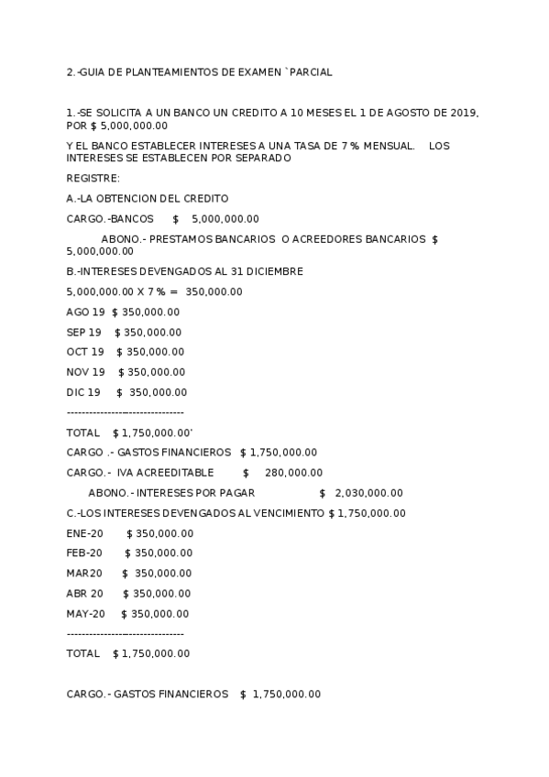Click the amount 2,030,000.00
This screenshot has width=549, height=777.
(x=369, y=493)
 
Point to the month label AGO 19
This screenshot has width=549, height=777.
(x=86, y=312)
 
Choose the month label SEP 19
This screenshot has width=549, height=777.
(x=84, y=333)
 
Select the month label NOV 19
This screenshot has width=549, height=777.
(x=86, y=372)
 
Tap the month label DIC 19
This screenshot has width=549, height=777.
(x=83, y=392)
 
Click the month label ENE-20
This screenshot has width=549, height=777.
(x=84, y=533)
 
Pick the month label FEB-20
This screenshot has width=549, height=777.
(x=84, y=553)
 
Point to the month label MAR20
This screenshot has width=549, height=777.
(x=84, y=574)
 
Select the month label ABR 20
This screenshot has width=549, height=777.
(x=85, y=594)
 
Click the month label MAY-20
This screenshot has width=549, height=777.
(x=86, y=614)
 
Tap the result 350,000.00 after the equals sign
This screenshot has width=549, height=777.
(x=214, y=292)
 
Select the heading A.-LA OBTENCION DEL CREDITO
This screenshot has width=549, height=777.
(x=148, y=198)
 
